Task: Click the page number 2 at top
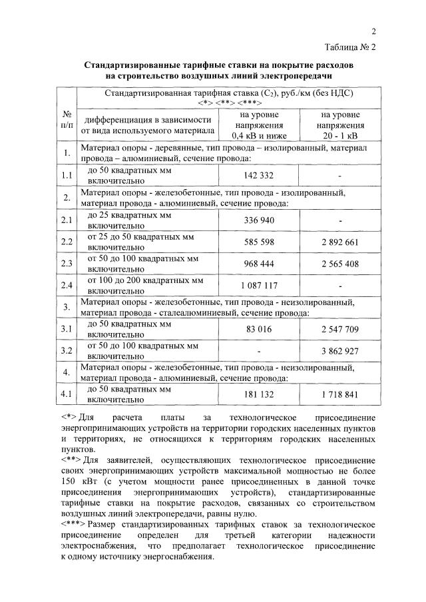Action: click(373, 31)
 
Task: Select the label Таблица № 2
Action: click(351, 47)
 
